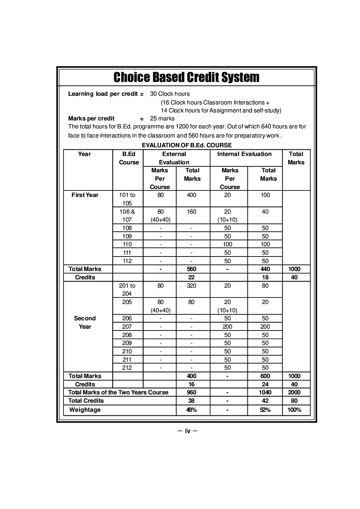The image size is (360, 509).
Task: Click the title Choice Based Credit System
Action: (x=186, y=77)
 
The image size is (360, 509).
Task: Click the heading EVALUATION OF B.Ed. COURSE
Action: (x=187, y=145)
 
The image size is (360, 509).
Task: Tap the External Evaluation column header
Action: (x=174, y=158)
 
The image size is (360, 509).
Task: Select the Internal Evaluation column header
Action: (x=244, y=154)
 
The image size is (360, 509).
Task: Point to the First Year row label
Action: (x=85, y=195)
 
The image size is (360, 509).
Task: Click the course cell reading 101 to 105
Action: (x=127, y=199)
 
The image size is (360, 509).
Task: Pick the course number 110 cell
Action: (x=127, y=245)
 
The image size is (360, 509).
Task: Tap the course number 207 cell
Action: (x=127, y=327)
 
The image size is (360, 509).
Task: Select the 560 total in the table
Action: (x=191, y=269)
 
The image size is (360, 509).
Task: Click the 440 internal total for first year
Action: (x=265, y=269)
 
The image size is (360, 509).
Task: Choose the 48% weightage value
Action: (x=191, y=410)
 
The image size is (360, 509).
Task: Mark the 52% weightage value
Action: (x=265, y=410)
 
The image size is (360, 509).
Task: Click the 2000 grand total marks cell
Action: (x=294, y=393)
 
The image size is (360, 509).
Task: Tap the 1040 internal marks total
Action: (x=265, y=393)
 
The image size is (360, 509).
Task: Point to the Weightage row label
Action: (x=85, y=410)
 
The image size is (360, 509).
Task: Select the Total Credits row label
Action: (x=86, y=401)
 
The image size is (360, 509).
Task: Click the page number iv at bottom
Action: (x=188, y=431)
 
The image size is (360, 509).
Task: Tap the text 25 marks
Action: (x=162, y=119)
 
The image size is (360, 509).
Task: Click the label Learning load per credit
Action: (x=103, y=94)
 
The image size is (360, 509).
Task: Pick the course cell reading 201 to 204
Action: (x=127, y=290)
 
